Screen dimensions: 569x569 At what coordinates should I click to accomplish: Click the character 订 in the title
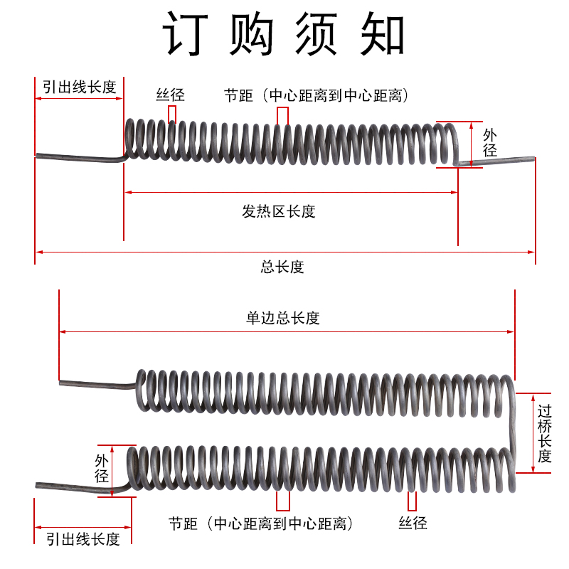tap(187, 33)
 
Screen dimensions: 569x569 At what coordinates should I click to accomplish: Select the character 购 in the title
tap(252, 33)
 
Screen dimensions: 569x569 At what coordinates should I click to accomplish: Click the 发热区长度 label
tap(278, 211)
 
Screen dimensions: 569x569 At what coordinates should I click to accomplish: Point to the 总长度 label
tap(282, 267)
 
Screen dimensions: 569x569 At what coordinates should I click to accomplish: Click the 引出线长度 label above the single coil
tap(79, 87)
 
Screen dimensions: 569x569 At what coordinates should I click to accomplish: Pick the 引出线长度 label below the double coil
tap(83, 539)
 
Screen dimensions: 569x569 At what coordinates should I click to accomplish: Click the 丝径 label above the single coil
tap(171, 95)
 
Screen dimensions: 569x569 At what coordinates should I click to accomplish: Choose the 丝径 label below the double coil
tap(413, 523)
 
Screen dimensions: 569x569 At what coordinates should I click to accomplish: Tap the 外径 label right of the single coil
tap(490, 142)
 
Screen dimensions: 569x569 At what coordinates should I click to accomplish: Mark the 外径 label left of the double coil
tap(101, 469)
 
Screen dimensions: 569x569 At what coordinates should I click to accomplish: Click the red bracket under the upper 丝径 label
tap(172, 115)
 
